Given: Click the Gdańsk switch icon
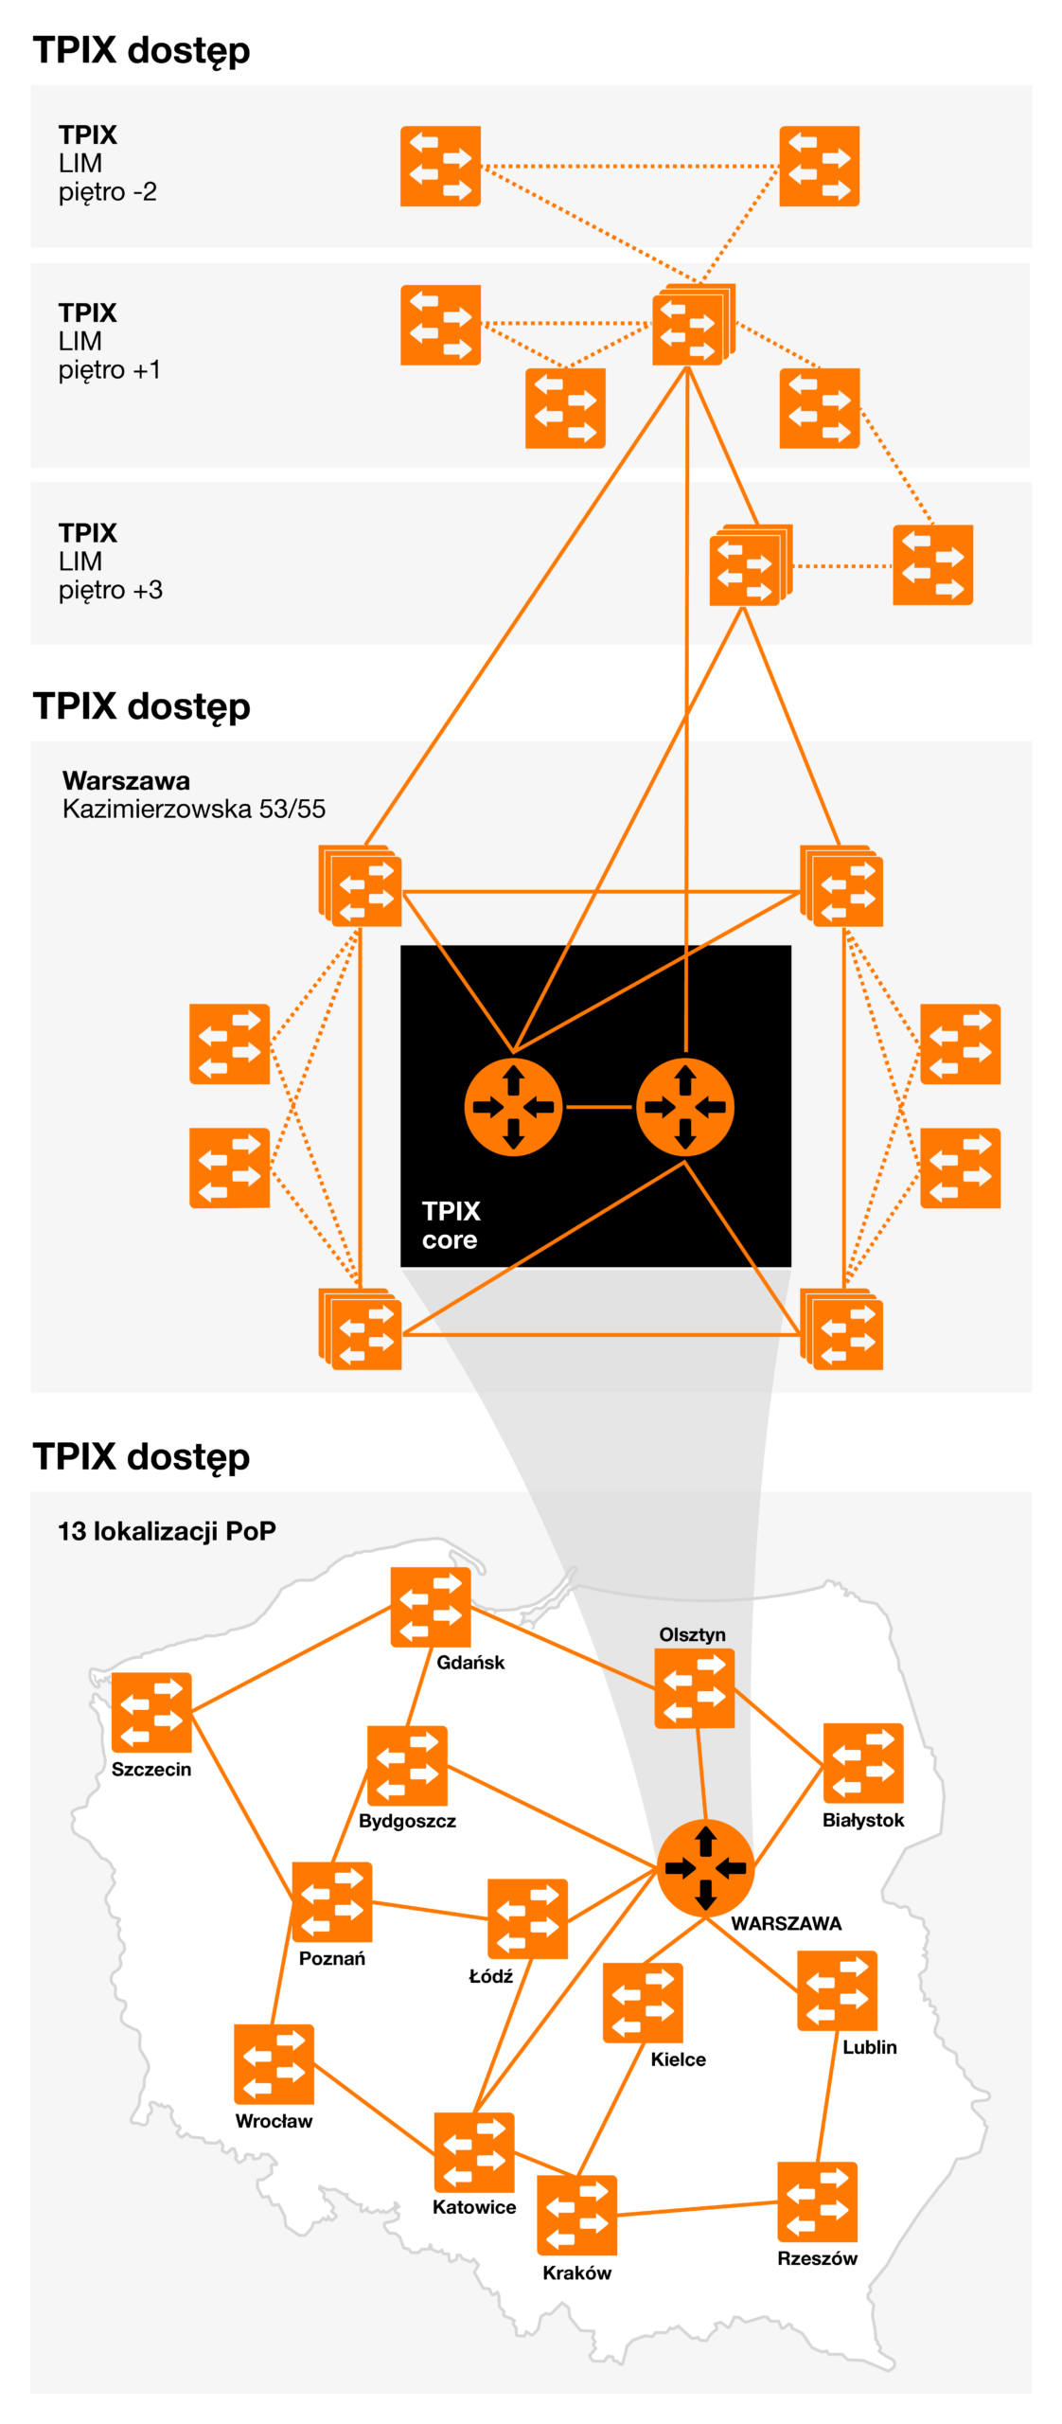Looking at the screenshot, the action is [430, 1606].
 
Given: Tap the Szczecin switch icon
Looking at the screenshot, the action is [151, 1711].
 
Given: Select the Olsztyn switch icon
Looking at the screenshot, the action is [694, 1687].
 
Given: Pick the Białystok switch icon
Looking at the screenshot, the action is [862, 1762].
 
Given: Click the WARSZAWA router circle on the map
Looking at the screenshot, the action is [705, 1867].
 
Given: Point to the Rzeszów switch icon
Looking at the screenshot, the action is [817, 2201].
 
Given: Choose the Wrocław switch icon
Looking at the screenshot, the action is [274, 2064].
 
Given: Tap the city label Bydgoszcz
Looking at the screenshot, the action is [407, 1821].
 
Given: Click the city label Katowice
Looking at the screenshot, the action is [474, 2206].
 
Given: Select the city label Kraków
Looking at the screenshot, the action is [576, 2272].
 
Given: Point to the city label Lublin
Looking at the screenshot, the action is [869, 2046].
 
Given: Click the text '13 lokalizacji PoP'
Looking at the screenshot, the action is [167, 1530].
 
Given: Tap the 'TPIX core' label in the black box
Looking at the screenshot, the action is [451, 1224].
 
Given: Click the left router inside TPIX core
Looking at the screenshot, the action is [513, 1106].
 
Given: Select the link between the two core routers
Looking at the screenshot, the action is [599, 1106].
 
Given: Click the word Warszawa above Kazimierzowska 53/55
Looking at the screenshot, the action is [126, 780].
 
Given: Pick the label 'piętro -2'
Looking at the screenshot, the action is [107, 192].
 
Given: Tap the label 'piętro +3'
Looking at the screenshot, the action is [110, 590].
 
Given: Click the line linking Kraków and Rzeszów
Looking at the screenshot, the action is [697, 2208].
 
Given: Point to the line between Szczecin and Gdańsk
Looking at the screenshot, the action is [291, 1658].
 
